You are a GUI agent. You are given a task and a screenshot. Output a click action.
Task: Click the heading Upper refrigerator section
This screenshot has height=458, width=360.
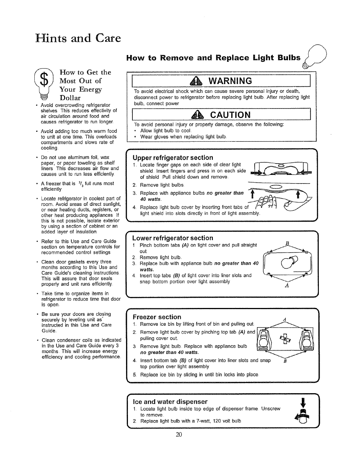(173, 158)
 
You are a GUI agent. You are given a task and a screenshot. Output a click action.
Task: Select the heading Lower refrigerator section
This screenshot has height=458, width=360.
(173, 238)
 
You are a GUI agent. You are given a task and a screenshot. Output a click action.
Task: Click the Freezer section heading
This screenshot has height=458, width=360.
(157, 317)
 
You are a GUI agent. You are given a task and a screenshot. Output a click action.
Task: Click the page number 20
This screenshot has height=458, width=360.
(179, 434)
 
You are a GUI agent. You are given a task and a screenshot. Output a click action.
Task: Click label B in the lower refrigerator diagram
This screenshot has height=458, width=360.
(288, 243)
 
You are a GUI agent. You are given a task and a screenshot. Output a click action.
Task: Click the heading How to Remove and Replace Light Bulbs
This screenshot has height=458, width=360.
(214, 58)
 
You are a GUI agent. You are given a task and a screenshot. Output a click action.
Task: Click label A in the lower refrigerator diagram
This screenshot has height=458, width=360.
(287, 285)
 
